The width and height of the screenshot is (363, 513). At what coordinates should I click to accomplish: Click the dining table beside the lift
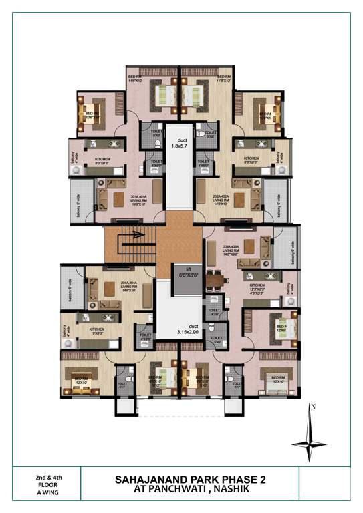pyautogui.click(x=215, y=278)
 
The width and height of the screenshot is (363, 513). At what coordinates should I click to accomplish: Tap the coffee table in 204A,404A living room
pyautogui.click(x=108, y=288)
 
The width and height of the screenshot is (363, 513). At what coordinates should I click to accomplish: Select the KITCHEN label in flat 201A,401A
pyautogui.click(x=104, y=160)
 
